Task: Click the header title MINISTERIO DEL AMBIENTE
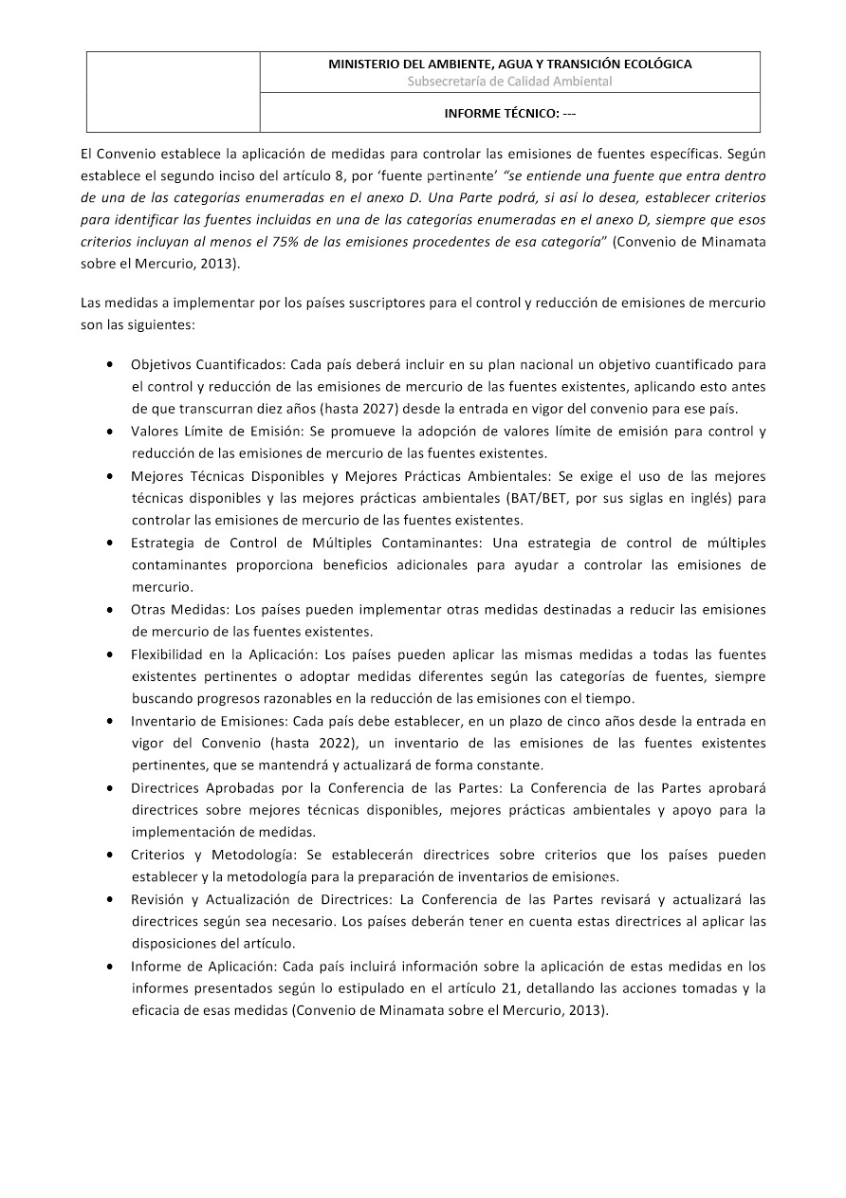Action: click(x=509, y=65)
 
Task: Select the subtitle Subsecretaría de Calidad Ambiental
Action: click(x=509, y=82)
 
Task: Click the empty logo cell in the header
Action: click(x=174, y=92)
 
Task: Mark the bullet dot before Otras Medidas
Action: click(x=113, y=609)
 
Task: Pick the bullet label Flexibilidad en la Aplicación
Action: click(x=225, y=654)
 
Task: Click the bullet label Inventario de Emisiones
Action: click(x=203, y=721)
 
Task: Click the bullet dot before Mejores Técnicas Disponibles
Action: click(x=113, y=476)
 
